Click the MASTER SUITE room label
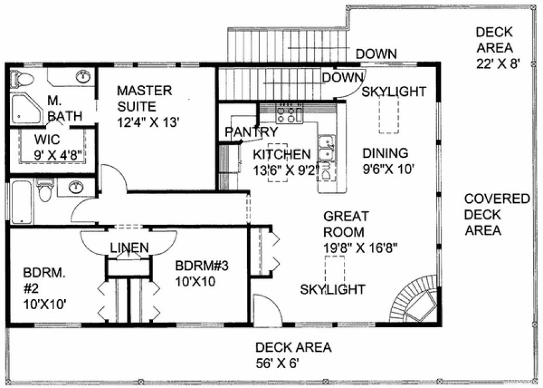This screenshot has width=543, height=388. coord(144,99)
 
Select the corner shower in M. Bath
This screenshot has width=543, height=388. coord(27,109)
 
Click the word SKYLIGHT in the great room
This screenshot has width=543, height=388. coord(333,289)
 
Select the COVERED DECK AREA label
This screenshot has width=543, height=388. coord(497,214)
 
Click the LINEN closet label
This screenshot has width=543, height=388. coord(129,248)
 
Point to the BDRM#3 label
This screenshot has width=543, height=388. coord(201,265)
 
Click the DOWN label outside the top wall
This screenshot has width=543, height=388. coord(376,54)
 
